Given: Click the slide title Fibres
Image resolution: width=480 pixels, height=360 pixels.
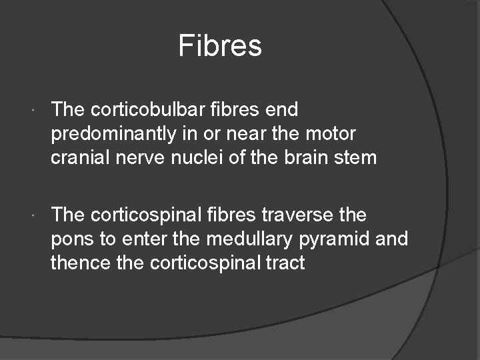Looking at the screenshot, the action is pyautogui.click(x=220, y=46).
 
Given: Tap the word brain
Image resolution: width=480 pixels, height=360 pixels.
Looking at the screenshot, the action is pyautogui.click(x=309, y=159).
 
